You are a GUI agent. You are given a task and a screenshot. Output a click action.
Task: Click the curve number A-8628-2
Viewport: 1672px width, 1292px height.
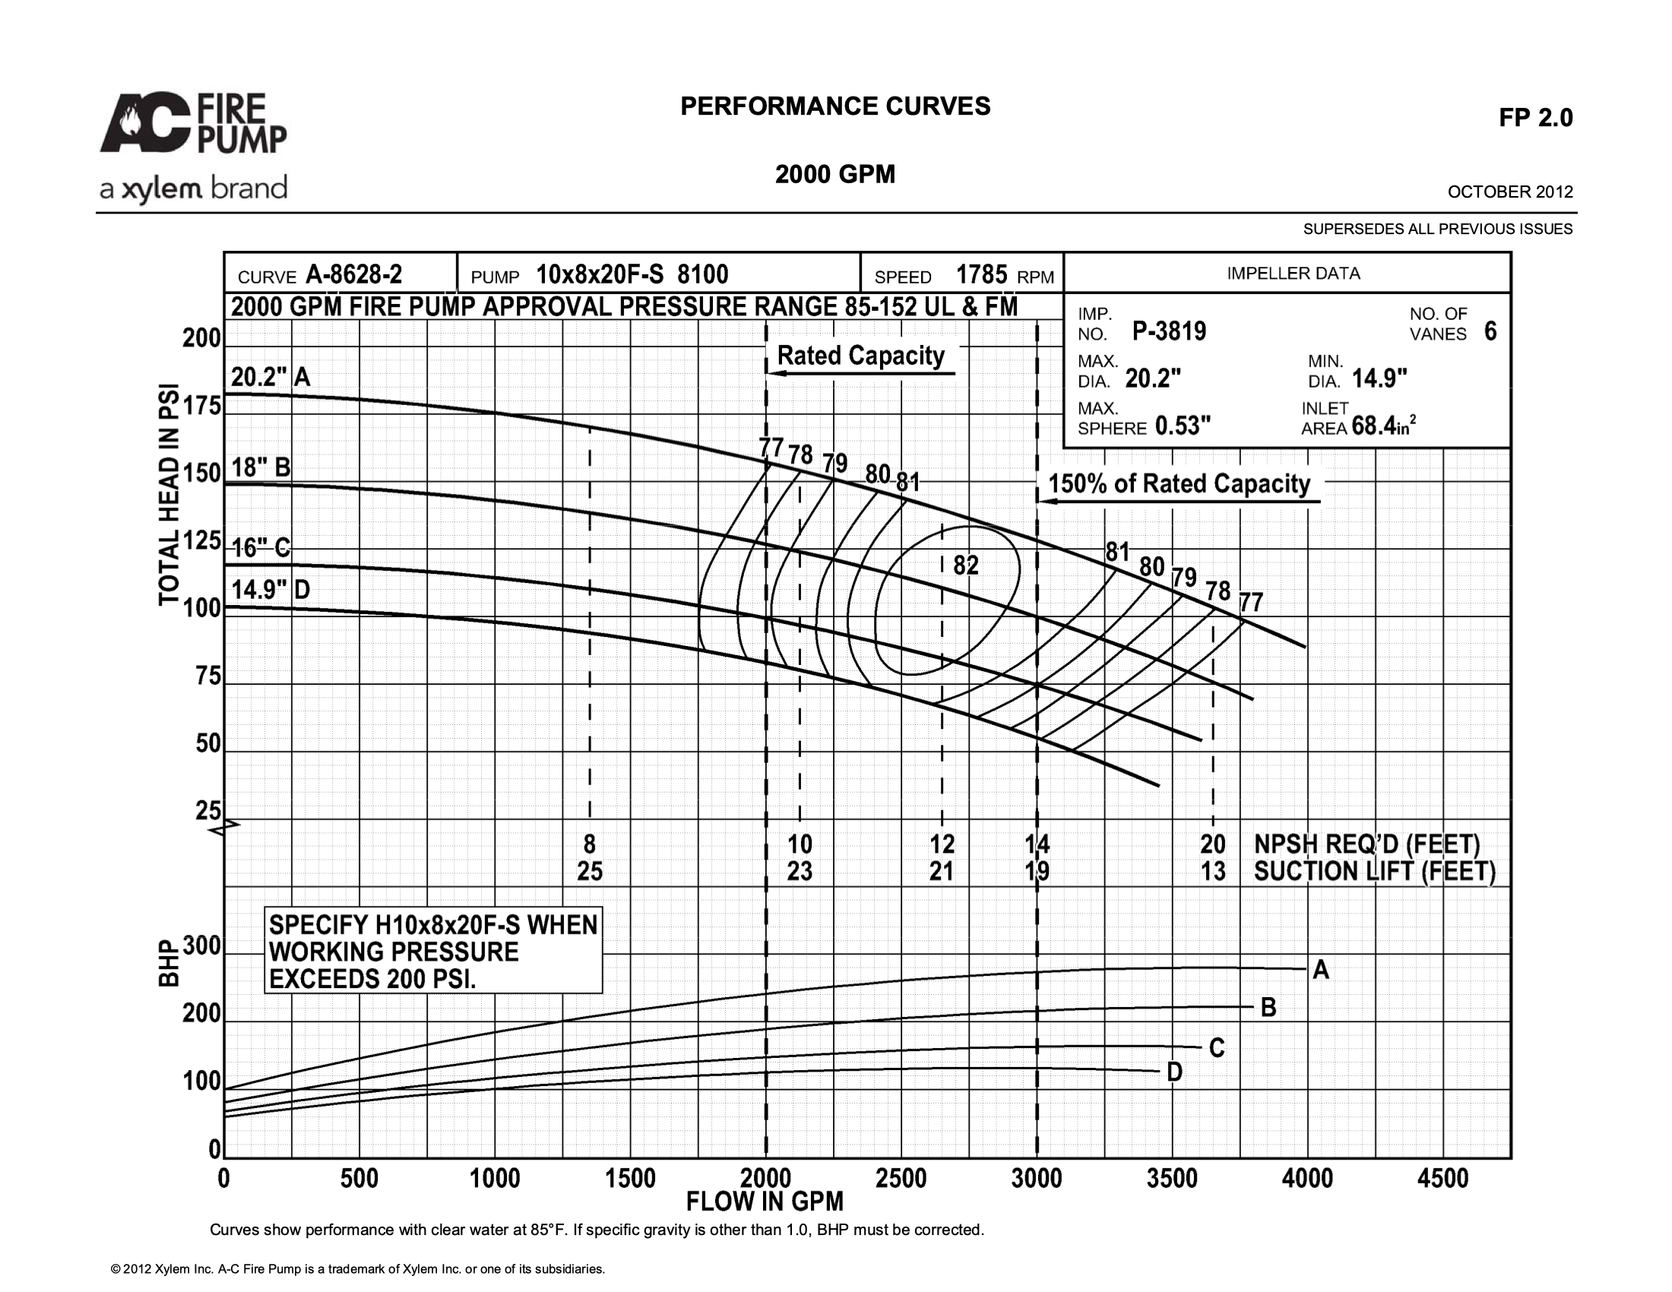(x=353, y=274)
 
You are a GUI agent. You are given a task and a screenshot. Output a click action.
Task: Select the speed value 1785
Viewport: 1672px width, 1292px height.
(x=981, y=274)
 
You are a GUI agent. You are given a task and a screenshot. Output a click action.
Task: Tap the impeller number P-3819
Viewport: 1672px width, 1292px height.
(x=1169, y=331)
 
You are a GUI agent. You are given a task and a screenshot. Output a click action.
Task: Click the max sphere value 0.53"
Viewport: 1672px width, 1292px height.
(x=1183, y=425)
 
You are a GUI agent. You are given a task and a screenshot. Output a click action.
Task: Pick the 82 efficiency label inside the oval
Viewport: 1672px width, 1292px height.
(x=966, y=565)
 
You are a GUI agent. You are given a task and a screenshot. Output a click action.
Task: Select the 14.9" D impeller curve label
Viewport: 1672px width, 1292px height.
(x=271, y=589)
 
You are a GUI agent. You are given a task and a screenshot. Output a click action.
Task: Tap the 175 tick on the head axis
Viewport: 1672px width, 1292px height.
(x=202, y=406)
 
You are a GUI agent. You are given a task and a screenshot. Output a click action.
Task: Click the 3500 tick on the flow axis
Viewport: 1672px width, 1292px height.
(x=1172, y=1179)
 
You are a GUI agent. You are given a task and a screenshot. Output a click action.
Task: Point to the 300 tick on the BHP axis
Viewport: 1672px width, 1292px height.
(x=202, y=946)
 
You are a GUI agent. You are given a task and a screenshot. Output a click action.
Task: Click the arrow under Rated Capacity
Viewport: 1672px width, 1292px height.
(x=861, y=373)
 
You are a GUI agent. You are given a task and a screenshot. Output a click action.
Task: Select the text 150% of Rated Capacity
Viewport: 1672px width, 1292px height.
(x=1179, y=483)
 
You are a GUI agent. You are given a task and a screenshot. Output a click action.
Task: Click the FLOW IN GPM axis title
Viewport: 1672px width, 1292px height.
(x=765, y=1202)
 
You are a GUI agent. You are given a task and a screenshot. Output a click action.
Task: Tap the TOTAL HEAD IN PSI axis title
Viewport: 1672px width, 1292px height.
(x=169, y=494)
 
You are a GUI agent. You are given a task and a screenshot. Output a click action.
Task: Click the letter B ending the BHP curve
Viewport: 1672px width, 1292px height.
(x=1268, y=1007)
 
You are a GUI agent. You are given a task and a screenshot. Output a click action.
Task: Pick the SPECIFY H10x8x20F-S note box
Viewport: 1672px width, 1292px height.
(x=433, y=951)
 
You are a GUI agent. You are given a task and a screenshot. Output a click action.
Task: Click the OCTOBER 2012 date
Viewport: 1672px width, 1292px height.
(x=1510, y=192)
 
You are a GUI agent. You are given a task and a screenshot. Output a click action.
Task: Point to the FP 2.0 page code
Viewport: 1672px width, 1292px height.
(x=1536, y=117)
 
